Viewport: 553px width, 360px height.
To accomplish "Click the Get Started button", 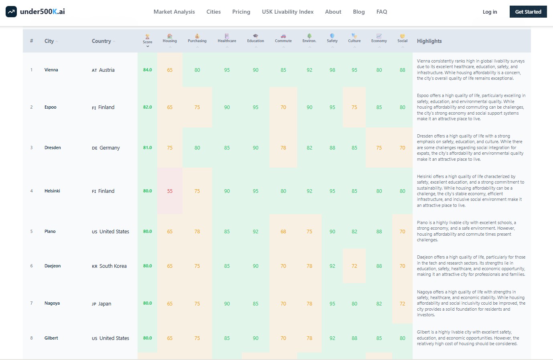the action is tap(528, 12).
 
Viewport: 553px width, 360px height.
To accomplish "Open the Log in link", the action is tap(490, 12).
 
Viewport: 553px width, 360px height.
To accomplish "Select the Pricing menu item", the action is tap(241, 12).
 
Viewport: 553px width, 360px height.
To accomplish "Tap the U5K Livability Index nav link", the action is tap(288, 12).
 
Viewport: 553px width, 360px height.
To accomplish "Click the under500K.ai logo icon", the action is tap(11, 12).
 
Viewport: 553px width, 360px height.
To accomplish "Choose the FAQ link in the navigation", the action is tap(382, 12).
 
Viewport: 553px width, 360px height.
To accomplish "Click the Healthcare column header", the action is tap(227, 39).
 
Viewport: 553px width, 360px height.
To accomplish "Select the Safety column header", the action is tap(332, 39).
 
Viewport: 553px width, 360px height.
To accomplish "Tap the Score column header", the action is tap(148, 40).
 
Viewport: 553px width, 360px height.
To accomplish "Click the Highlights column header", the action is tap(429, 41).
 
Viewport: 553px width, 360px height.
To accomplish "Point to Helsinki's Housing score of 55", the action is tap(170, 191).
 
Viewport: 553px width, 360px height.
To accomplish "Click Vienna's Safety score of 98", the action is tap(332, 70).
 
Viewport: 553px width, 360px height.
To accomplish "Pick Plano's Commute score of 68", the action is tap(283, 232).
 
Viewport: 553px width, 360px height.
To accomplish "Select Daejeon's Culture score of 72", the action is tap(354, 266).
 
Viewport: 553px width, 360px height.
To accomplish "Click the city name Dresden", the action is tap(53, 148).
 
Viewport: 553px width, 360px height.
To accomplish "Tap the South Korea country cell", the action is tap(109, 266).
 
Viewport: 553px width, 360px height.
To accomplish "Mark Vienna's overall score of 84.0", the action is tap(148, 70).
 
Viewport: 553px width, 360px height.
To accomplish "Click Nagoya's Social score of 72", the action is tap(402, 304).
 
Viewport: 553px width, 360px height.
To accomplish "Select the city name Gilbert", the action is tap(51, 338).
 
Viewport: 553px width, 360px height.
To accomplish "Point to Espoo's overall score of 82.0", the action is tap(148, 107).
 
